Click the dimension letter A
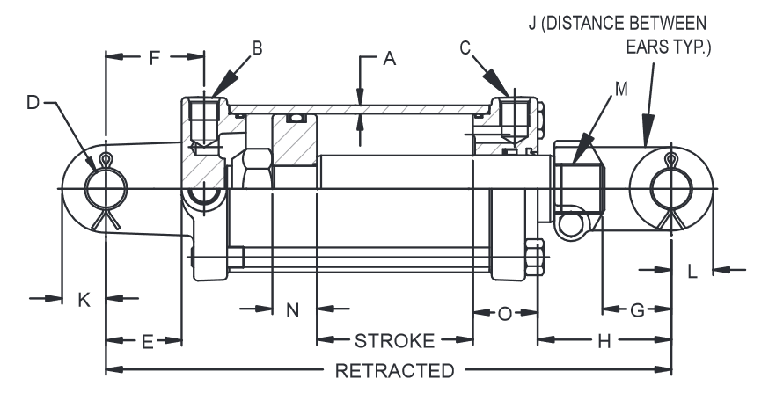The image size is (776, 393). coord(389,59)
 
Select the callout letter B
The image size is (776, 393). coord(257,48)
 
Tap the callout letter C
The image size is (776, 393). coord(465,48)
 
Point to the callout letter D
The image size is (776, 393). coord(33,104)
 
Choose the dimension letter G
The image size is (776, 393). coord(637,309)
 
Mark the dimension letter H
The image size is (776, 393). coord(604,341)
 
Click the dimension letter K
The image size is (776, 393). coord(84,300)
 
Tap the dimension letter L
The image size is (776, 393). coord(692,273)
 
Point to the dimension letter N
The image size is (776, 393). coord(293,309)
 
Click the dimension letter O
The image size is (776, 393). coord(504,314)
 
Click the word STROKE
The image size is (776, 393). coord(395,341)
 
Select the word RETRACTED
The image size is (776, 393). coord(395,369)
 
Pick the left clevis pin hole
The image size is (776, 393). coord(106,189)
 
